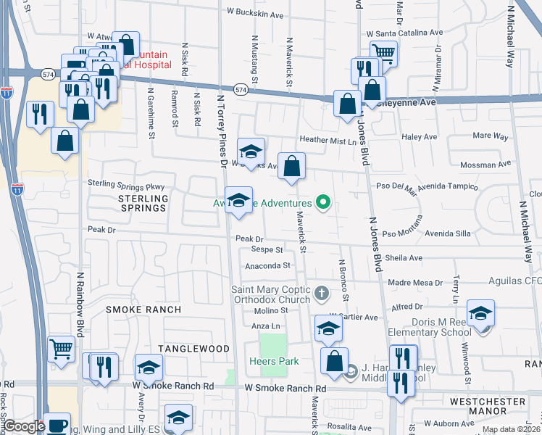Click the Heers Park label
pos(270,361)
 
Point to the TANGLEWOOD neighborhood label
pos(190,349)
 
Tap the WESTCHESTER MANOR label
pos(488,407)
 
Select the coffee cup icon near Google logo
pos(57,425)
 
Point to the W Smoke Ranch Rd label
pos(285,389)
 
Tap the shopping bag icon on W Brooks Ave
pos(291,166)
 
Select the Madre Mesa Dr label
pos(415,283)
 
